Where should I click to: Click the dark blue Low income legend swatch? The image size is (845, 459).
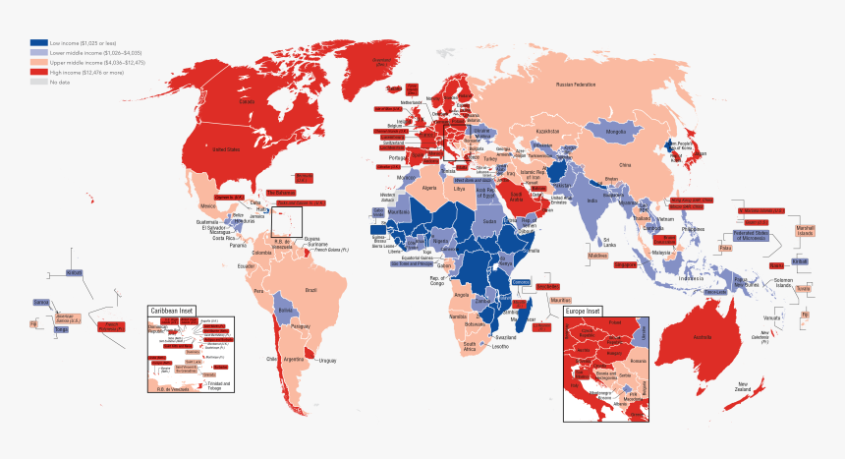point(38,42)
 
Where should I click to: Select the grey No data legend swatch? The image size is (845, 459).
point(38,82)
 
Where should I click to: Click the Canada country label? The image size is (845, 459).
point(248,101)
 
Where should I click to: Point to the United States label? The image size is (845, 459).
point(227,149)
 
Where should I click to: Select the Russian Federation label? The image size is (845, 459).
point(577,86)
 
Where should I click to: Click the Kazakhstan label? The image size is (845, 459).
point(547,132)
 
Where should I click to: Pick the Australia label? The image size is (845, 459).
point(702,338)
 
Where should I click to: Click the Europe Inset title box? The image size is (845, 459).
point(588,312)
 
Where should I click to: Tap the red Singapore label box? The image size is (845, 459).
point(625,264)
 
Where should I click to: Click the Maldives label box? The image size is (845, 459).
point(597,256)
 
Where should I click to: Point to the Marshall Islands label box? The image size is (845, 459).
point(806,231)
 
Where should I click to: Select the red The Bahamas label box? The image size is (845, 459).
point(280,193)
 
